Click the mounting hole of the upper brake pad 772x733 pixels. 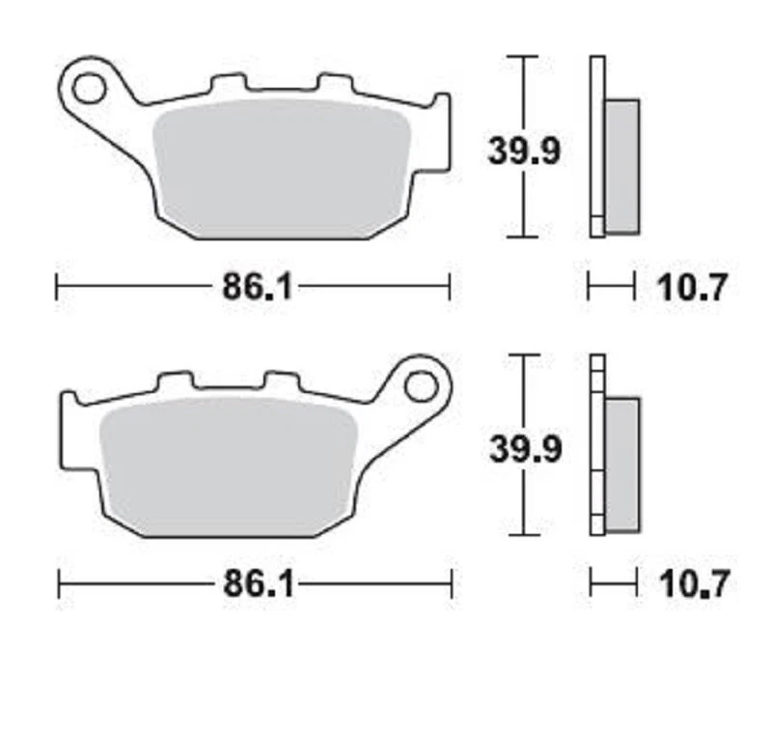[x=88, y=89]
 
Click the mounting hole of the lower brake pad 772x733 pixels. [x=421, y=385]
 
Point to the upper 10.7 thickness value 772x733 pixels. [x=691, y=288]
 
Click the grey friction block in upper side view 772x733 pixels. [x=621, y=166]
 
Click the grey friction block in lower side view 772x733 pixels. [x=621, y=464]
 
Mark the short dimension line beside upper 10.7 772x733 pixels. [x=611, y=287]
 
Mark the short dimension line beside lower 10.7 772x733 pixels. [x=614, y=584]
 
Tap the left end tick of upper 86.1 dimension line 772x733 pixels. [x=57, y=287]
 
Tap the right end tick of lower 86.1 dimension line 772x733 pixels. [x=452, y=584]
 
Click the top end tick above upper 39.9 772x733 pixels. [x=522, y=56]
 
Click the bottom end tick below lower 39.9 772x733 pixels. [x=522, y=534]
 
